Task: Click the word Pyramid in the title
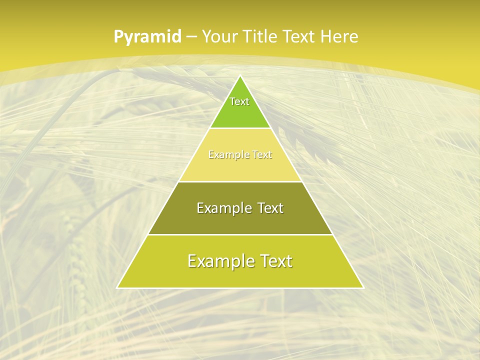(x=147, y=37)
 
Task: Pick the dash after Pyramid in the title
(x=191, y=37)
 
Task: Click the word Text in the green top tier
(x=239, y=101)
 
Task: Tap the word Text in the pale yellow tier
(x=261, y=155)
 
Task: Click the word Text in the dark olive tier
(x=270, y=208)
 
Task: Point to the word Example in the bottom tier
(x=219, y=261)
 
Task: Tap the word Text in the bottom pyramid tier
(x=275, y=261)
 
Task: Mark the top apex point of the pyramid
(x=240, y=75)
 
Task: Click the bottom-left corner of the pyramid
(x=117, y=287)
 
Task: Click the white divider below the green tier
(x=240, y=128)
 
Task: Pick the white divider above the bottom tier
(x=240, y=234)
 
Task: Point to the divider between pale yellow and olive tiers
(x=240, y=181)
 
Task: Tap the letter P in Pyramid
(x=118, y=37)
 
